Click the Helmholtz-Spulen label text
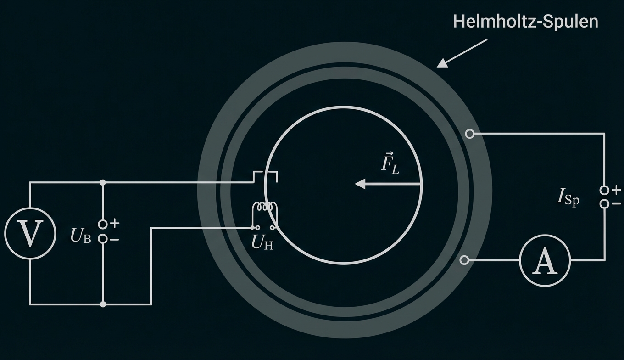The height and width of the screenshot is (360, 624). tap(525, 22)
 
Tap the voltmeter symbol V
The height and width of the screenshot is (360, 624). tap(30, 233)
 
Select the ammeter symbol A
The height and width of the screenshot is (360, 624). tap(545, 260)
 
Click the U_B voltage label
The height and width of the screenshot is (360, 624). tap(81, 236)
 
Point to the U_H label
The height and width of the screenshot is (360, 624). tap(262, 242)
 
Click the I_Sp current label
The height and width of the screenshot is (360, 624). tap(568, 197)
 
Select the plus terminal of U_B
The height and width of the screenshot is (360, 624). tap(103, 224)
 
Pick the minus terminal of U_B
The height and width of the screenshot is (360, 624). tap(103, 239)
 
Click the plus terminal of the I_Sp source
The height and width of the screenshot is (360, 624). tap(604, 190)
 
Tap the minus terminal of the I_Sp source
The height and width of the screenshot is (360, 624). tap(604, 204)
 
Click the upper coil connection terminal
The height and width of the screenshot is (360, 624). tap(469, 134)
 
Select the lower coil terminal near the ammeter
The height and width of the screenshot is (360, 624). tap(464, 260)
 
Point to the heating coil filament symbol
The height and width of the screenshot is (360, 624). tap(265, 208)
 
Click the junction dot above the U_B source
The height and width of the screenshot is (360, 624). tap(103, 182)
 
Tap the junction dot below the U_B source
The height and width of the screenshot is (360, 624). tap(103, 304)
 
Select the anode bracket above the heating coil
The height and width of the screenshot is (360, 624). tap(265, 174)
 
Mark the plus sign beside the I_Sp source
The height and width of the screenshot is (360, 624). tap(616, 189)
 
